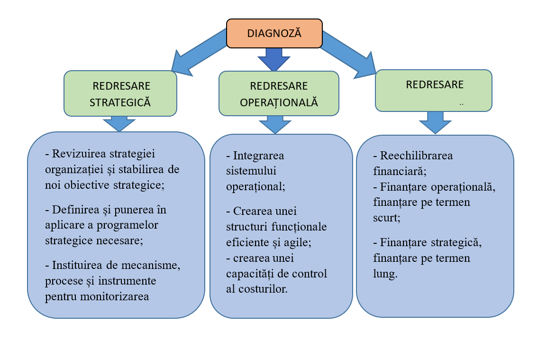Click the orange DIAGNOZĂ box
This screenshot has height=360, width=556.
(274, 33)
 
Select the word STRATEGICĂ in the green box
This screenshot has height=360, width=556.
(120, 102)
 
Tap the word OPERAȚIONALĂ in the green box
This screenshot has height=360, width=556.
(279, 102)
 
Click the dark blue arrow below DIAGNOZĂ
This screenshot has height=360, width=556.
(274, 59)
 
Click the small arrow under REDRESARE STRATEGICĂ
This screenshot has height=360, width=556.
(119, 123)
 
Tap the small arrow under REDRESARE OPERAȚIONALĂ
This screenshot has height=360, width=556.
(275, 125)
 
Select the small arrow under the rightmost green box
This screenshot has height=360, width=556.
(435, 123)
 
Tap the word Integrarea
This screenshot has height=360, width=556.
(258, 156)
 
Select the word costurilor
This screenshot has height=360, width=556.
(263, 289)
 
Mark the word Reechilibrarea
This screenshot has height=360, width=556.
(416, 156)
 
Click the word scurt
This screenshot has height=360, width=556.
(385, 217)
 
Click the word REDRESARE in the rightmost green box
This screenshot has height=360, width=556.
(435, 84)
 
